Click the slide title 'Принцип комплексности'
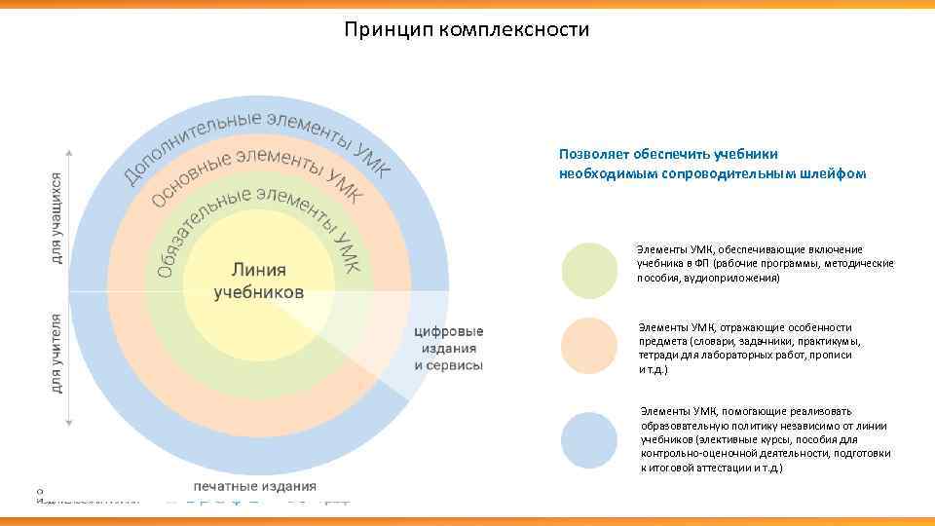tap(467, 30)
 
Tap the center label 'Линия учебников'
tap(258, 280)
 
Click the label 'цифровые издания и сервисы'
tap(448, 348)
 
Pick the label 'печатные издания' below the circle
tap(254, 486)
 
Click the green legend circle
tap(589, 270)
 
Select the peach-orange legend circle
tap(589, 346)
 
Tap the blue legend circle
tap(589, 440)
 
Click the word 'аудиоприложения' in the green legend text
tap(730, 278)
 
